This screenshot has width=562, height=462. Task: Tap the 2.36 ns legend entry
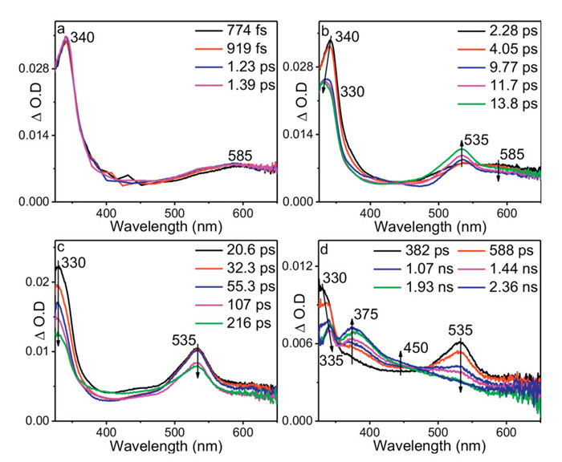(x=507, y=288)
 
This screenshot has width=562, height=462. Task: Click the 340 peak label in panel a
(x=84, y=36)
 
